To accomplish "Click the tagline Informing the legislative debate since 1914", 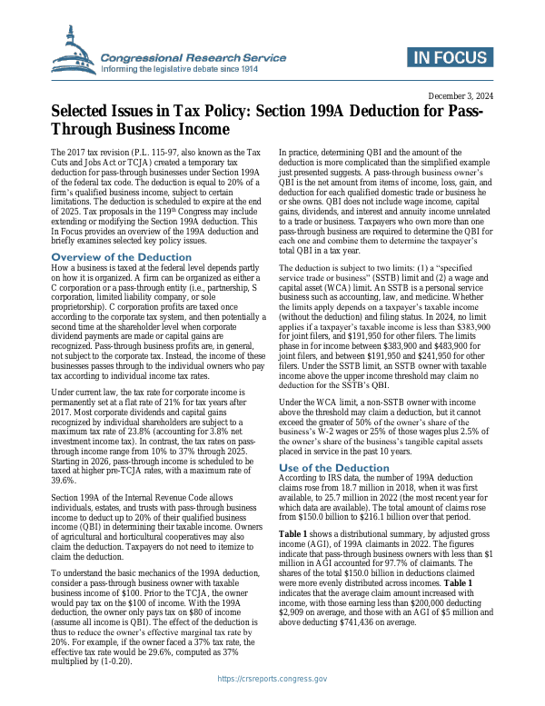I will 180,68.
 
